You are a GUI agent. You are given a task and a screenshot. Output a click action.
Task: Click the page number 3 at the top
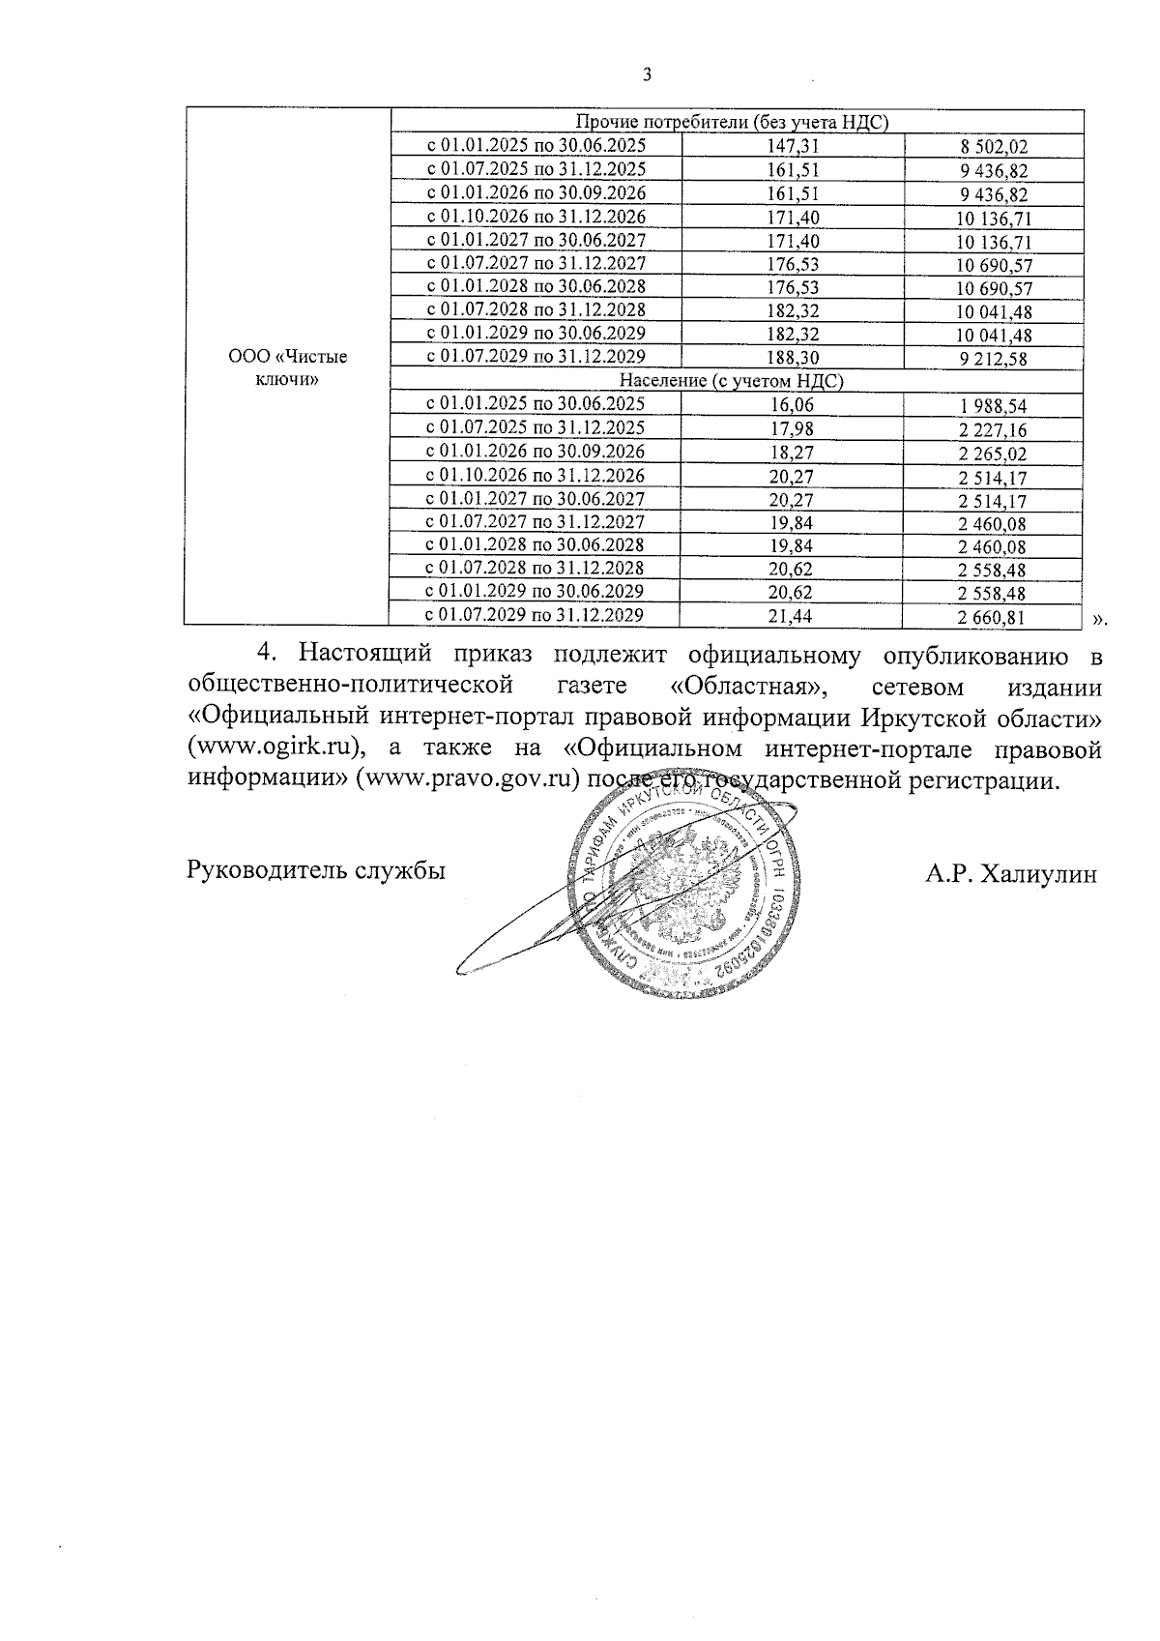(x=647, y=75)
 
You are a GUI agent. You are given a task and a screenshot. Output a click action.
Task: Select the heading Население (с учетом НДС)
(x=732, y=381)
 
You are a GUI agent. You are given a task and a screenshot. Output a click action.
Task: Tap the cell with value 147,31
(x=793, y=145)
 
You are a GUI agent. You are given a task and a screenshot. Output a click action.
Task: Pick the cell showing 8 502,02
(x=993, y=147)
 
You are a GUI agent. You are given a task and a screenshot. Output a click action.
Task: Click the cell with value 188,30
(x=793, y=358)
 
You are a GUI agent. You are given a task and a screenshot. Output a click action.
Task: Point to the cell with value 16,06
(x=793, y=404)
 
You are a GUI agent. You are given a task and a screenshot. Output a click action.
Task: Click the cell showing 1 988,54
(x=993, y=406)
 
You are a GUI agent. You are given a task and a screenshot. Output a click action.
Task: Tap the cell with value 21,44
(x=793, y=615)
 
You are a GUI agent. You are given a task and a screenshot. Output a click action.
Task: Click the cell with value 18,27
(x=793, y=452)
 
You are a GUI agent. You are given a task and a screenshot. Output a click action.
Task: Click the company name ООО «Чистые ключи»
(x=287, y=368)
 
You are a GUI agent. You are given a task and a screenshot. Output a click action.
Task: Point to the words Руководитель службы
(x=316, y=870)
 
